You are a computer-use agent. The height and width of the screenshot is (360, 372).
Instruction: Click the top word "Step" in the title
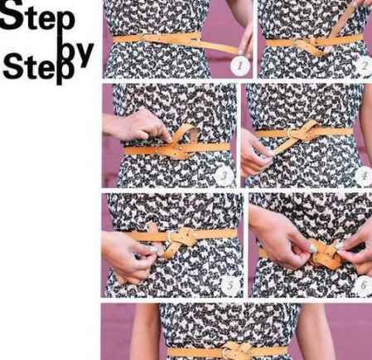[37, 15]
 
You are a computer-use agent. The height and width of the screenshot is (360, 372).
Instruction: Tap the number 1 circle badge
[240, 66]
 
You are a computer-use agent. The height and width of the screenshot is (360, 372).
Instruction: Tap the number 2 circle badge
[365, 66]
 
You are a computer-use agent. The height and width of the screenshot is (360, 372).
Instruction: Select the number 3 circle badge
[225, 176]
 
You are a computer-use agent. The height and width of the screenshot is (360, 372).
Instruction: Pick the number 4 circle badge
[365, 176]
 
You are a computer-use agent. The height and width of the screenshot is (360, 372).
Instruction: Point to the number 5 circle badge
[230, 285]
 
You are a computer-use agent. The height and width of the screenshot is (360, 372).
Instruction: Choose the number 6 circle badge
[364, 285]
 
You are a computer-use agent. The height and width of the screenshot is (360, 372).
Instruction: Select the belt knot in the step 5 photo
[180, 239]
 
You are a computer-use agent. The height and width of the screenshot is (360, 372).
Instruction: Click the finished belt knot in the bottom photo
[238, 351]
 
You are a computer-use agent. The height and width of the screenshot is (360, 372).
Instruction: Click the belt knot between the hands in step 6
[326, 255]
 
